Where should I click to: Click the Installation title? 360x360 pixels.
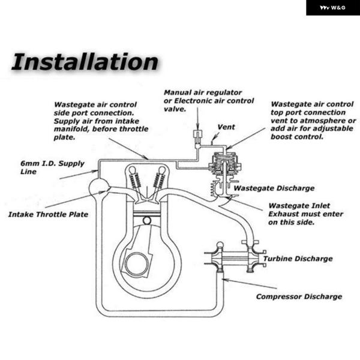coord(85,62)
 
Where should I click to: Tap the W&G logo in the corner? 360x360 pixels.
coord(332,8)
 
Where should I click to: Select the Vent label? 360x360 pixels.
coord(226,127)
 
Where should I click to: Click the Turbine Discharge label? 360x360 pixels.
coord(298,259)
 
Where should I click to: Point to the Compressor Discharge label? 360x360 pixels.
coord(299,296)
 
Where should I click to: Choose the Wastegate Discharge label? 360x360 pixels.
coord(274,188)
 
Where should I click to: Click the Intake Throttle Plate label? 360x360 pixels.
coord(48,214)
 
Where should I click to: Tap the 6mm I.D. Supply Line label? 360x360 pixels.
coord(52,167)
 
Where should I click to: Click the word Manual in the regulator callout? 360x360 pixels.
coord(178,92)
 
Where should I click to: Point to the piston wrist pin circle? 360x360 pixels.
coord(147,221)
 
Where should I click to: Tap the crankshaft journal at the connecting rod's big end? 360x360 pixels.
coord(137,264)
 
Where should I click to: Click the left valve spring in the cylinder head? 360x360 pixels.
coord(135,180)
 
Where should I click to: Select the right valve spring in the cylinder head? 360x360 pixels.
coord(158,180)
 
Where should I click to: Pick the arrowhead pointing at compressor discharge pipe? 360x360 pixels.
coord(225,280)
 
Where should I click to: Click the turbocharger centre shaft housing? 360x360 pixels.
coord(234,259)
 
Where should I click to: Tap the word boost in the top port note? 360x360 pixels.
coord(281,137)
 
